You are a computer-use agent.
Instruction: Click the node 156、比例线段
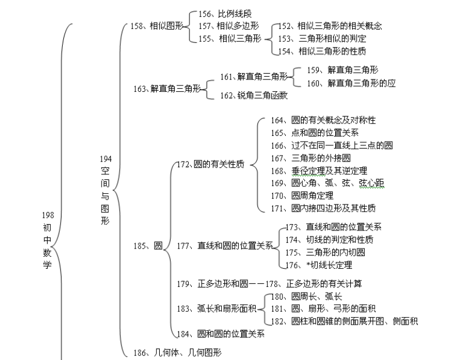[225, 14]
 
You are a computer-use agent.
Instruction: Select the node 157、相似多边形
[228, 26]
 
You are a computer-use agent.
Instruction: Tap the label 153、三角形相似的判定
[322, 38]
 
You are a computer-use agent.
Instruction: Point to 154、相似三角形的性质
[322, 51]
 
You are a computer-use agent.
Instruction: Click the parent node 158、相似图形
[157, 26]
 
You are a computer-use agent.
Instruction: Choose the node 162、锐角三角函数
[254, 95]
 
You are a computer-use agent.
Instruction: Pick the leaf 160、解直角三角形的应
[351, 83]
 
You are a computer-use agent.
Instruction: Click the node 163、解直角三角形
[167, 88]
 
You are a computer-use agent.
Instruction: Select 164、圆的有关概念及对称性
[324, 120]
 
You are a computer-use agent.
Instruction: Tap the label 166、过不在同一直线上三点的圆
[332, 145]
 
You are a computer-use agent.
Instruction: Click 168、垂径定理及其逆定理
[319, 171]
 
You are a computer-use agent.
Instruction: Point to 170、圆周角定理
[302, 195]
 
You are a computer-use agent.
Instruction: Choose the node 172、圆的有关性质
[211, 164]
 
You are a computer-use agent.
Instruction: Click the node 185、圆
[148, 246]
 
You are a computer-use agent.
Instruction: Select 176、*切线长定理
[318, 265]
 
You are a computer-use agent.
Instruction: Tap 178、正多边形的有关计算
[314, 284]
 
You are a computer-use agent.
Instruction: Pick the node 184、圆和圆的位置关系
[221, 334]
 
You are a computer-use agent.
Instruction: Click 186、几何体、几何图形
[177, 352]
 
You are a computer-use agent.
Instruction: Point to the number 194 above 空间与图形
[106, 159]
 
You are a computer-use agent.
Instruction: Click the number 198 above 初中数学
[48, 215]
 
